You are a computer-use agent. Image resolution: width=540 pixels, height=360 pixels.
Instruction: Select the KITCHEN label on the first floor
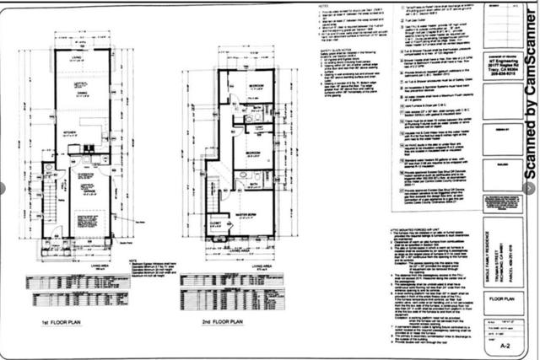coord(68,132)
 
